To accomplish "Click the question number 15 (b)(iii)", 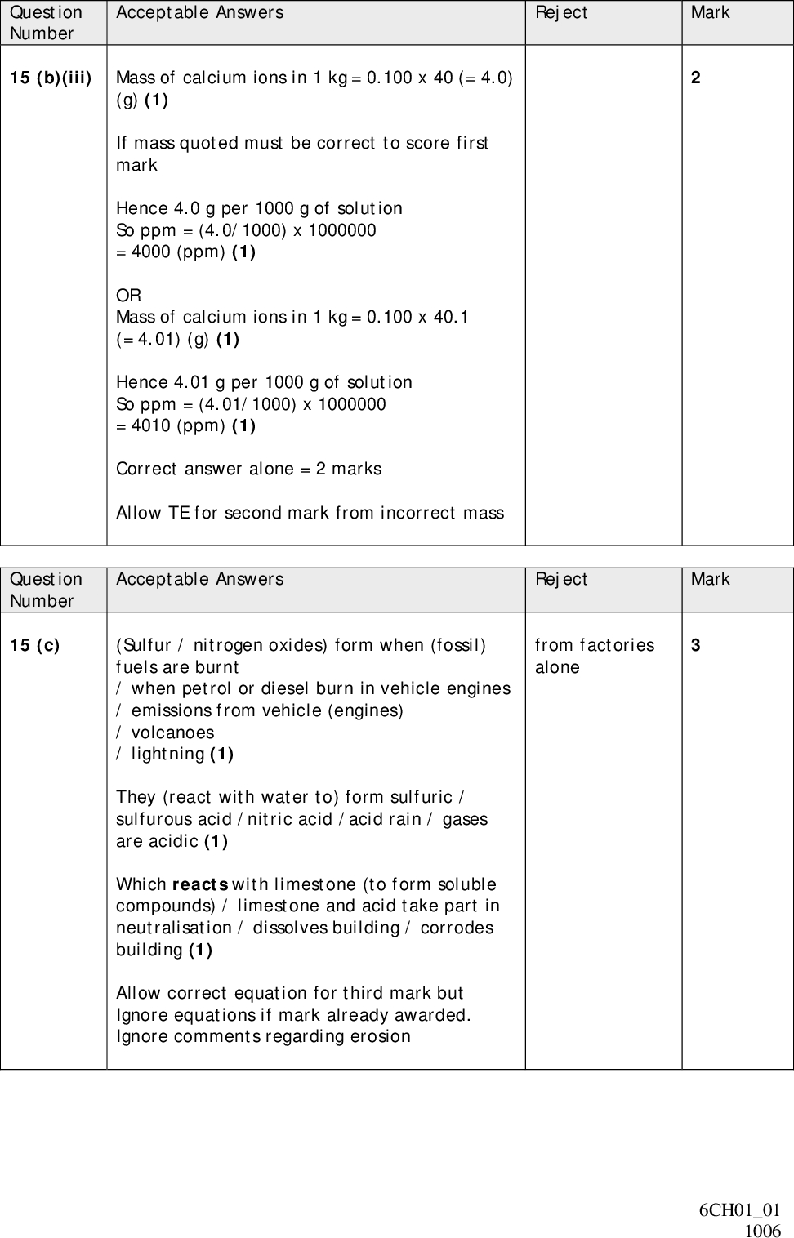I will tap(50, 78).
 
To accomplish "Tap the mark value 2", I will tap(695, 78).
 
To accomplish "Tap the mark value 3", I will tap(695, 645).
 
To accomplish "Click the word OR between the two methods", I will tap(128, 295).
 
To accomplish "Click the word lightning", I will tap(167, 754).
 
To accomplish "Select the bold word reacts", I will tap(201, 884).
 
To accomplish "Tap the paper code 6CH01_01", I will tap(739, 1210).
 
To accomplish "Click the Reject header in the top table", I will tap(561, 12).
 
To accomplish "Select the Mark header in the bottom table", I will tap(710, 579).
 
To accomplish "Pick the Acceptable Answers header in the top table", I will tap(200, 12).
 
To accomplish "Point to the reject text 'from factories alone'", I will tap(594, 656).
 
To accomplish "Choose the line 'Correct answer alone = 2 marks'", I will tap(248, 469).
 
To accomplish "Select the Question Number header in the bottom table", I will tap(46, 590).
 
